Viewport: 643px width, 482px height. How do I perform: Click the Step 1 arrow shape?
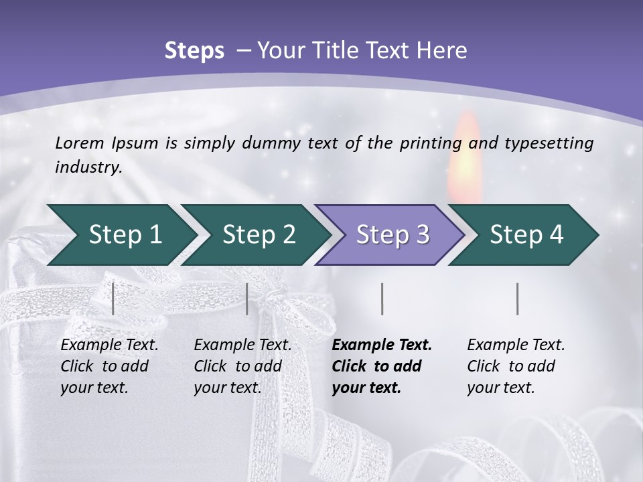[121, 235]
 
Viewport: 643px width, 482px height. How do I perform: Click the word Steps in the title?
[194, 50]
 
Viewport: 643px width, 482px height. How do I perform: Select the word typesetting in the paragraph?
[555, 143]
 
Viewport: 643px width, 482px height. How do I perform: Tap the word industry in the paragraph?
[88, 167]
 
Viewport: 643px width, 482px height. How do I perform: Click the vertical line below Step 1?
[113, 299]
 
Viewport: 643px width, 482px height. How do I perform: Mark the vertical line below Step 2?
[247, 299]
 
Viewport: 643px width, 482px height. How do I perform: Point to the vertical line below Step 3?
[382, 299]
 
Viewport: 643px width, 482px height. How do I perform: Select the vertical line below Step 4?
[517, 299]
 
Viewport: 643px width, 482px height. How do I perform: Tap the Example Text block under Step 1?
[109, 366]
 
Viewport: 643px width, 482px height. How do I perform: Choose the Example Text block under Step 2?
[242, 366]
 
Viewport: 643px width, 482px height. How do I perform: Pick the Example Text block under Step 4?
[515, 366]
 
